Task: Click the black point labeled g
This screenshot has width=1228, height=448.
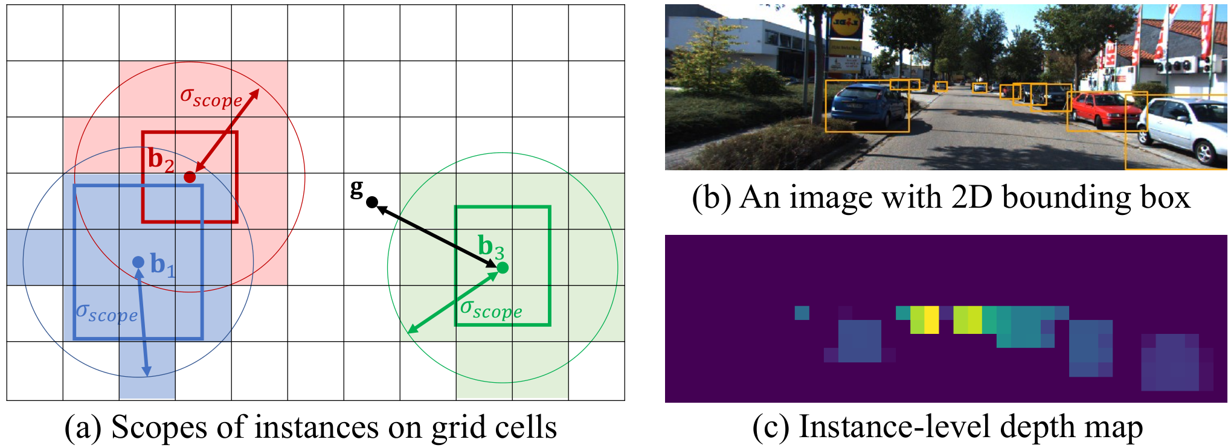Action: coord(372,202)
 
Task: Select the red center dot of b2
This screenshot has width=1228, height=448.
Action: coord(190,177)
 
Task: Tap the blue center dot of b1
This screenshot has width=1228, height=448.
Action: coord(138,262)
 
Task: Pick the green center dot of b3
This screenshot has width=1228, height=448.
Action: coord(502,267)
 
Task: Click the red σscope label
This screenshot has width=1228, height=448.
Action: coord(211,97)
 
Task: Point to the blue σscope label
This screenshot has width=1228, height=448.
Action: coord(107,313)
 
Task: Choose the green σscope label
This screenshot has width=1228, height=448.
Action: coord(491,309)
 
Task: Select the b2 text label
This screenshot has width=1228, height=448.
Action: coord(161,159)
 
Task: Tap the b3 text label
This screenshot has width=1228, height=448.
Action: coord(491,246)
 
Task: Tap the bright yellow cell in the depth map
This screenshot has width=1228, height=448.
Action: coord(931,319)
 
